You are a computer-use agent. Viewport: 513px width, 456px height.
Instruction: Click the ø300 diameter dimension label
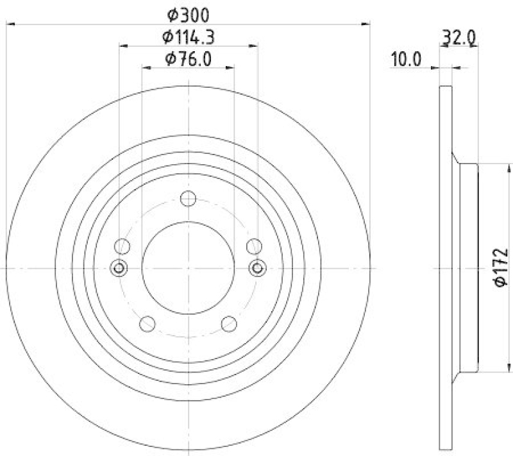click(x=188, y=15)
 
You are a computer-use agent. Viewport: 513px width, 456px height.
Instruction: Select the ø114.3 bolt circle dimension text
click(x=188, y=37)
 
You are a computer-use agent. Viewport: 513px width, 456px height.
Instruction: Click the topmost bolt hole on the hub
click(x=188, y=199)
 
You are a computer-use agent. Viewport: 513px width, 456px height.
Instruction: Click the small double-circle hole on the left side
click(x=119, y=267)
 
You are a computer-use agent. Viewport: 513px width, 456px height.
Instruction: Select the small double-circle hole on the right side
click(x=257, y=267)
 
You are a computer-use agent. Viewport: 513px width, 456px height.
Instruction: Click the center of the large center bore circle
click(x=188, y=267)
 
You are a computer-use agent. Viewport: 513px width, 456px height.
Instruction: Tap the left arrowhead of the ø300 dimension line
click(x=9, y=24)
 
